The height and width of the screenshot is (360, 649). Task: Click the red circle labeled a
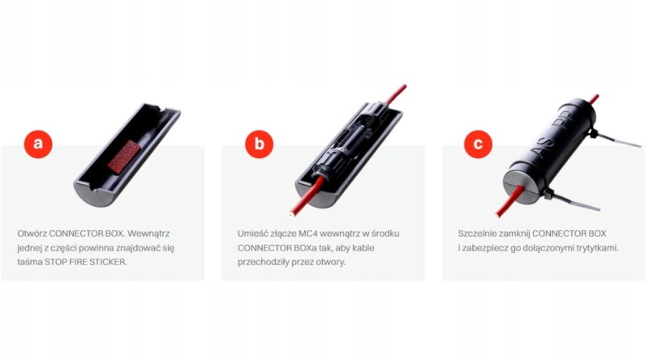pyautogui.click(x=37, y=145)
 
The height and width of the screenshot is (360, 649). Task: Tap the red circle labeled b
pyautogui.click(x=259, y=145)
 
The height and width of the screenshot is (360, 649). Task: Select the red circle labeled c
pyautogui.click(x=478, y=145)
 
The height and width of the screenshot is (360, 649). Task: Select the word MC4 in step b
pyautogui.click(x=318, y=233)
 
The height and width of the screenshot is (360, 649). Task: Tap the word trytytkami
pyautogui.click(x=595, y=248)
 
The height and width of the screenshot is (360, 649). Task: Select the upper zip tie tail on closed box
pyautogui.click(x=619, y=141)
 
